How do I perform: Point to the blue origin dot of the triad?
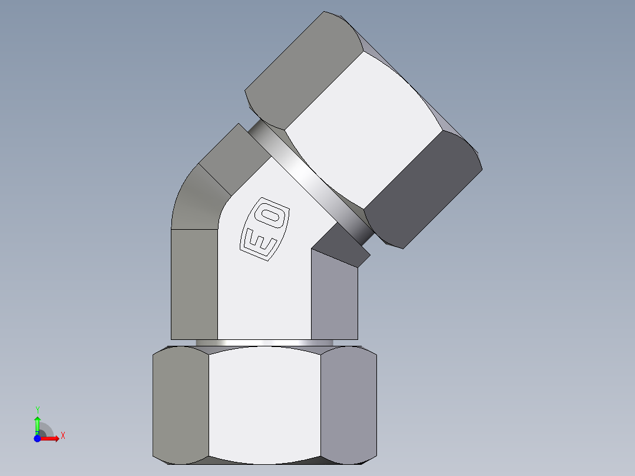click(37, 439)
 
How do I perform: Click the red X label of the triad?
click(62, 436)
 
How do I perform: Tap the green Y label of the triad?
click(37, 409)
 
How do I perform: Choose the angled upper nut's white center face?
click(362, 130)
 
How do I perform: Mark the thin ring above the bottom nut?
click(265, 342)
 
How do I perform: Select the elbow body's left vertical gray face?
click(194, 283)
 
